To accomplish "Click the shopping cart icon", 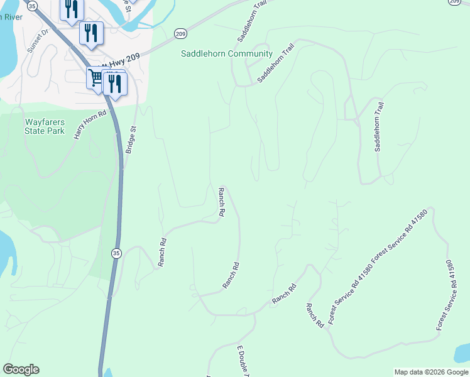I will (96, 79).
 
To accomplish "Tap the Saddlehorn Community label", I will (226, 54).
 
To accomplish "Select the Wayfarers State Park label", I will (45, 127).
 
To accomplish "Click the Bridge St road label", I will (131, 139).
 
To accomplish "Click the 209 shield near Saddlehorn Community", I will (180, 33).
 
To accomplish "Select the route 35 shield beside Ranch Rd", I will (116, 253).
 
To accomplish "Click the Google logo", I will (21, 369).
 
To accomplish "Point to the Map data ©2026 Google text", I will (430, 372).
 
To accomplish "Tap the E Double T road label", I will (243, 361).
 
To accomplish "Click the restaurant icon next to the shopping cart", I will (114, 82).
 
